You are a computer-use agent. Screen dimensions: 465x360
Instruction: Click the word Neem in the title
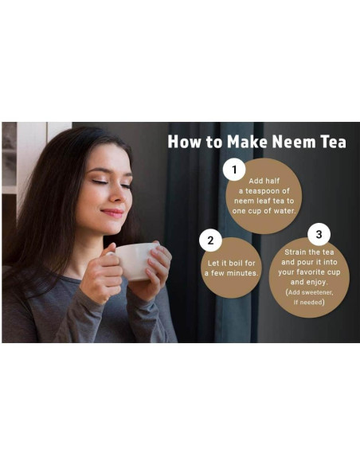point(296,142)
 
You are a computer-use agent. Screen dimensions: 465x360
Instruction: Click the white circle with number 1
point(234,169)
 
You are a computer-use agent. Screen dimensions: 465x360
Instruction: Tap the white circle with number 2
point(210,240)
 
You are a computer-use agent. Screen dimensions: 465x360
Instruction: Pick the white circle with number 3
point(319,234)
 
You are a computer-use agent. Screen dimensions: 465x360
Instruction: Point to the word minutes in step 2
point(242,273)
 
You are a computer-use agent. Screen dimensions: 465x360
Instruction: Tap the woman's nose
point(116,197)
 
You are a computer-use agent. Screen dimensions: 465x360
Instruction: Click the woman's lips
point(112,213)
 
